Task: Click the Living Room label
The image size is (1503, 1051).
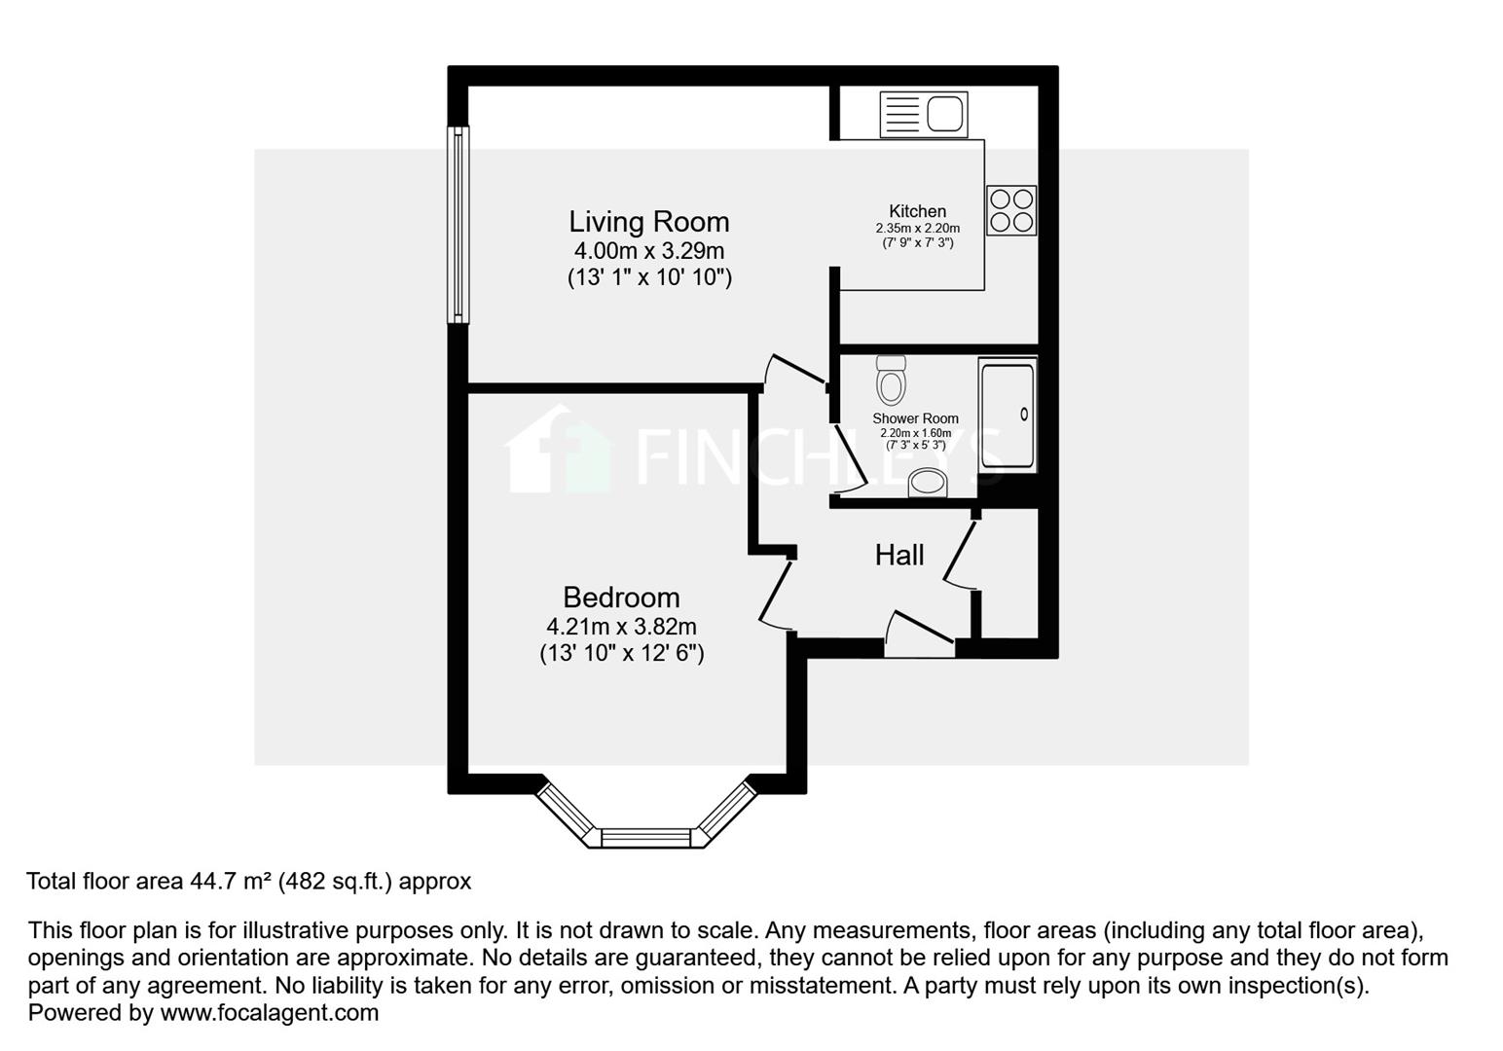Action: point(648,222)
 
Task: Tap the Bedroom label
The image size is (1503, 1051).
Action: point(621,597)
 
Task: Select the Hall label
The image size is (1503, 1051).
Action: point(898,555)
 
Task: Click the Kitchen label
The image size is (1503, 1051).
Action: point(917,211)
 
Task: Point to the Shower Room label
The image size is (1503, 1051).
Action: point(914,418)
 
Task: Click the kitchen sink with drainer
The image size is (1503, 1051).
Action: point(923,114)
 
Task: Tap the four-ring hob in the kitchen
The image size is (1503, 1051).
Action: point(1011,210)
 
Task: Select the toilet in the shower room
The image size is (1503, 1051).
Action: point(891,379)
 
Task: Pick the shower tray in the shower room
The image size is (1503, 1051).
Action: point(1008,416)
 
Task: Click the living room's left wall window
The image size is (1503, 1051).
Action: point(458,224)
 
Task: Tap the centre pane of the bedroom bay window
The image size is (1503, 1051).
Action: point(646,838)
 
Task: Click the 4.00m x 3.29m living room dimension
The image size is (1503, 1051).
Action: point(648,251)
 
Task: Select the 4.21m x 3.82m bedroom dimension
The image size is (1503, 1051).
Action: point(621,627)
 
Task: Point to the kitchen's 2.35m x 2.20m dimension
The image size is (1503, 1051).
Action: point(917,229)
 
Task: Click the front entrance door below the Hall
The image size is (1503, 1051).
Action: point(919,634)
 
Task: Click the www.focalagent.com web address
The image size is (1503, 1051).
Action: point(269,1013)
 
